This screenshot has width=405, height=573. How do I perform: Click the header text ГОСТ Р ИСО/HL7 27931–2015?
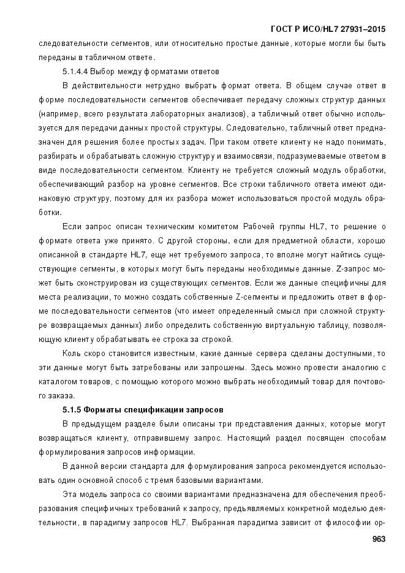(x=332, y=28)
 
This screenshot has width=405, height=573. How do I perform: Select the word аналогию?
(x=355, y=367)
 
